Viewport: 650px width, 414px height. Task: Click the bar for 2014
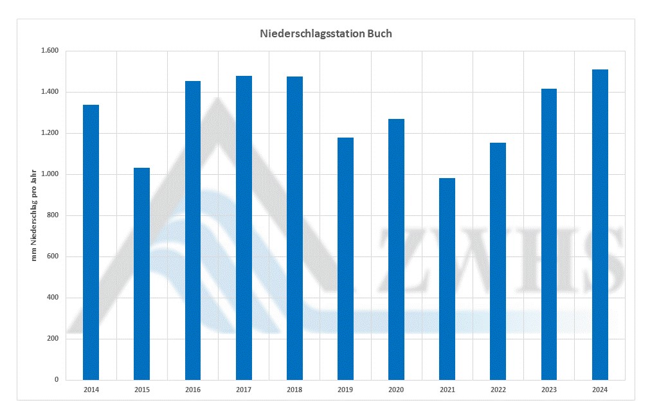(91, 242)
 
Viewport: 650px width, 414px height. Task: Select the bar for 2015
(141, 274)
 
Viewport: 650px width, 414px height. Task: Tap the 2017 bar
(244, 228)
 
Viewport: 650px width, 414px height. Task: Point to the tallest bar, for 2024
(599, 224)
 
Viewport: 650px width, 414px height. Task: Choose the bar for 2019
(345, 258)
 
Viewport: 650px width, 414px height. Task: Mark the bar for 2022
(498, 261)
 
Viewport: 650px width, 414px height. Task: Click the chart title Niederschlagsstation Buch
(325, 33)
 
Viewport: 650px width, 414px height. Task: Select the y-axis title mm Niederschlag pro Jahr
(35, 215)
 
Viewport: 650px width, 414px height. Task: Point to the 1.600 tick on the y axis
(50, 51)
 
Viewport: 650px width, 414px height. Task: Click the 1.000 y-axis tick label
(50, 174)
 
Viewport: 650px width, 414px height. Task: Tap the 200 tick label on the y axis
(52, 339)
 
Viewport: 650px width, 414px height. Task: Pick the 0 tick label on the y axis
(56, 380)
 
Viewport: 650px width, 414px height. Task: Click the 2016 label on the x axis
(192, 390)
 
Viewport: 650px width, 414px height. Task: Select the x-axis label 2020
(396, 390)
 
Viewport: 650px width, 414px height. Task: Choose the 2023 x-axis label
(548, 390)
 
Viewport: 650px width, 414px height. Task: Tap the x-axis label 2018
(294, 390)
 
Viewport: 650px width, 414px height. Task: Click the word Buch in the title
(379, 33)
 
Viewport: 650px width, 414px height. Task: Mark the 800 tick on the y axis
(52, 215)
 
